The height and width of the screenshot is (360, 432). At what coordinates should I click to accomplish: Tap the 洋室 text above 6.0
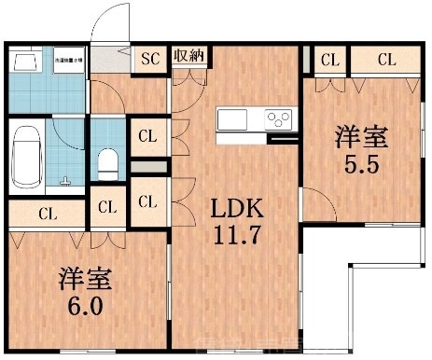tap(82, 277)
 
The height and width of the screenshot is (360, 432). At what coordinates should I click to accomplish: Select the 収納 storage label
tap(189, 56)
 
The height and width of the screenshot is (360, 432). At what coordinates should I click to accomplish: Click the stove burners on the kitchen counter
tap(278, 119)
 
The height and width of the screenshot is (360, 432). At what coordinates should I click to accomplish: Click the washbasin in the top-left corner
tap(25, 62)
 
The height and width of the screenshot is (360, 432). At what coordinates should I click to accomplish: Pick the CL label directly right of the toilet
tap(147, 136)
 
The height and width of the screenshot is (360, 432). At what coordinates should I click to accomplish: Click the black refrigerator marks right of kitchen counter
tap(281, 140)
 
